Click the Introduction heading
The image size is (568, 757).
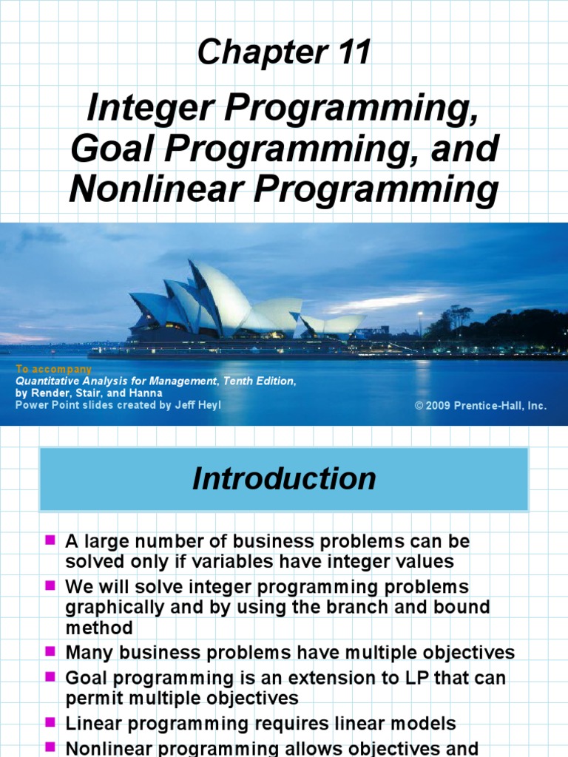[284, 479]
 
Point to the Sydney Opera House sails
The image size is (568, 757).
[214, 300]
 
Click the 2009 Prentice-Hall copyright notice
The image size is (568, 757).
[481, 406]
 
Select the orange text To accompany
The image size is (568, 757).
[53, 369]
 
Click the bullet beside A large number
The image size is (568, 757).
[50, 541]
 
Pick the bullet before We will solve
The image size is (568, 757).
[50, 586]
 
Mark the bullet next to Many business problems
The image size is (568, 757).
[50, 652]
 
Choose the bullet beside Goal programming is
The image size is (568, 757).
[50, 676]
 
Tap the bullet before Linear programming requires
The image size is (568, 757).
[50, 722]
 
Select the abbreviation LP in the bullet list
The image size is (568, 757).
[433, 677]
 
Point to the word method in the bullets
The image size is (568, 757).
[99, 628]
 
